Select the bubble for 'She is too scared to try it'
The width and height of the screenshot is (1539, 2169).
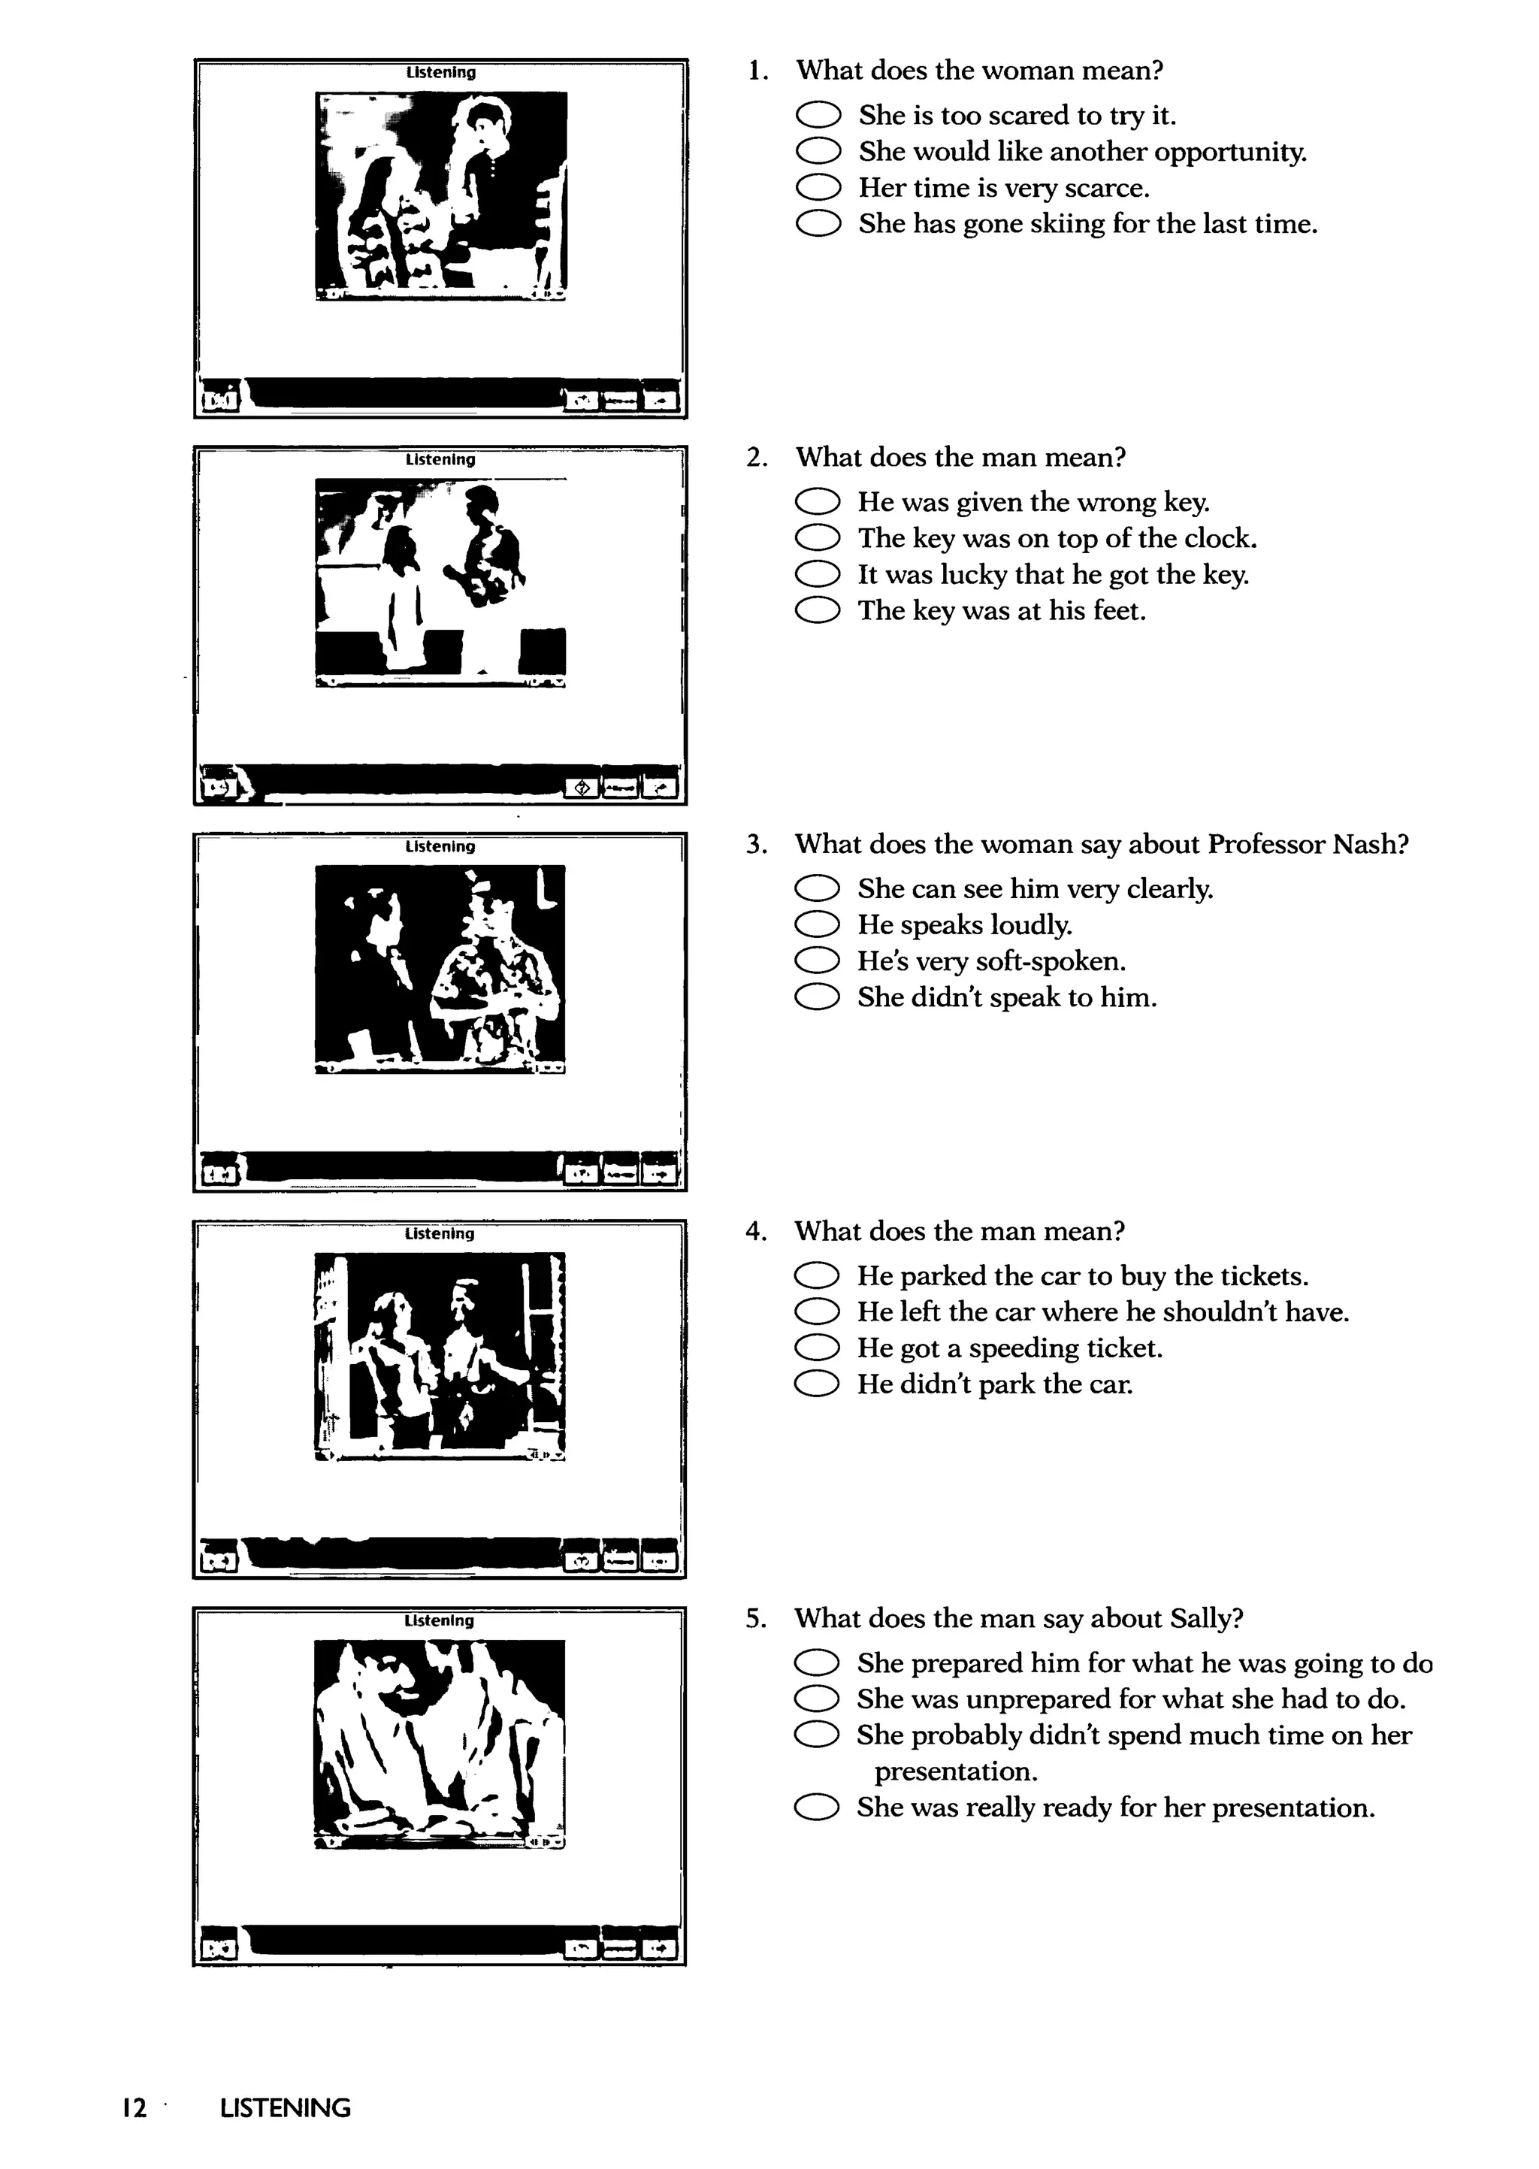(818, 116)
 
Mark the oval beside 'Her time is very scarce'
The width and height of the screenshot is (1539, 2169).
(818, 188)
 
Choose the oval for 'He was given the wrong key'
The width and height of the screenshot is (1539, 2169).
(817, 501)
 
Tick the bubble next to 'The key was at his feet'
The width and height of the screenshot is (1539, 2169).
(817, 610)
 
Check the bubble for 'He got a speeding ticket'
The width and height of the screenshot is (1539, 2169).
(817, 1348)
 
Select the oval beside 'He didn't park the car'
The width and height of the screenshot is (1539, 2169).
(817, 1384)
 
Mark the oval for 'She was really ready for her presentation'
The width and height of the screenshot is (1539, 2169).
(817, 1808)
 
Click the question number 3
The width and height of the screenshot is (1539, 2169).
(756, 844)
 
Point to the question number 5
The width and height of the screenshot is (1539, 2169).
(755, 1618)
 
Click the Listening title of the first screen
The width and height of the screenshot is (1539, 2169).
(440, 72)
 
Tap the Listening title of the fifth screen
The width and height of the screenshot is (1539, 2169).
(439, 1620)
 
